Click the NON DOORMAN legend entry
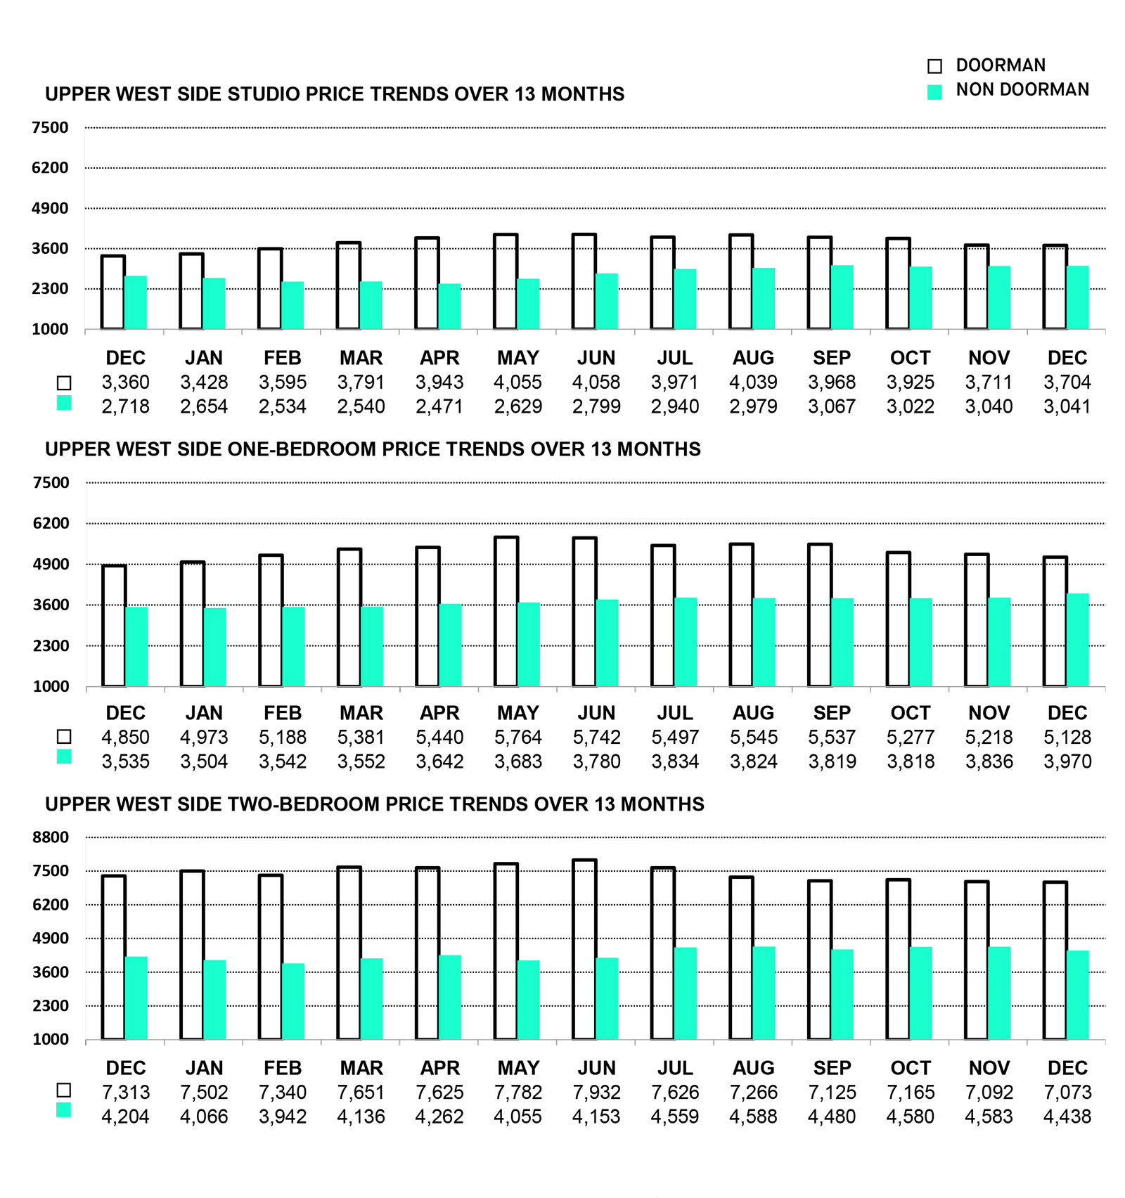tap(1022, 90)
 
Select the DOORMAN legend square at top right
tap(934, 66)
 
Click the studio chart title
tap(335, 94)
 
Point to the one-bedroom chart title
tap(373, 449)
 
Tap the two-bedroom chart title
tap(375, 804)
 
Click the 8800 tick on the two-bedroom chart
tap(51, 837)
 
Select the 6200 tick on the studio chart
tap(50, 168)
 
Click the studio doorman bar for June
tap(584, 281)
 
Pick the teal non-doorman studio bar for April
tap(450, 307)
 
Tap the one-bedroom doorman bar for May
tap(506, 612)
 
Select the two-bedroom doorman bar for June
tap(584, 949)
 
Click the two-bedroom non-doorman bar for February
tap(293, 1001)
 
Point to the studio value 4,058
tap(596, 382)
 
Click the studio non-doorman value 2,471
tap(439, 406)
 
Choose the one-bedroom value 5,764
tap(518, 738)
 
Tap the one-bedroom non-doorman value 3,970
tap(1067, 761)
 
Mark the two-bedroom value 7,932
tap(596, 1093)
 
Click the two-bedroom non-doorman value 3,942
tap(283, 1116)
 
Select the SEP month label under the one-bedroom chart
tap(832, 713)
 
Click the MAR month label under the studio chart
tap(361, 358)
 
